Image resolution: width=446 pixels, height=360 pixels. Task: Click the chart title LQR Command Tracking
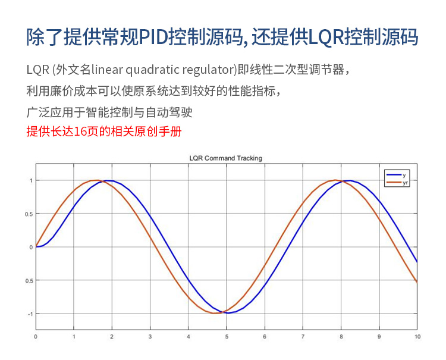coord(225,158)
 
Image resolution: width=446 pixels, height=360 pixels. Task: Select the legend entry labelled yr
coord(397,183)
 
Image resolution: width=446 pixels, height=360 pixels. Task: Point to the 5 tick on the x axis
coord(227,337)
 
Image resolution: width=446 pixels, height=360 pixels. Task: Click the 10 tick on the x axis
coord(417,337)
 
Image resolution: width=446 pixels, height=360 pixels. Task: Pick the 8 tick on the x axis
coord(341,337)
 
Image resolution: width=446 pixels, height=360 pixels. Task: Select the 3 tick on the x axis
coord(150,337)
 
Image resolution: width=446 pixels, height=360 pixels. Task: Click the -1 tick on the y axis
coord(30,314)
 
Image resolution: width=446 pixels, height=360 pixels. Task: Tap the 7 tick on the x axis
coord(303,337)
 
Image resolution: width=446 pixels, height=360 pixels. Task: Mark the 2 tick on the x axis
coord(112,337)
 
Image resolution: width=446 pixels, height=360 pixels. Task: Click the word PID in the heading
coord(153,37)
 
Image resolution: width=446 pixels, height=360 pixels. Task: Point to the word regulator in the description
coord(208,70)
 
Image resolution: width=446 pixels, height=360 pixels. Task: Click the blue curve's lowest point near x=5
coord(228,313)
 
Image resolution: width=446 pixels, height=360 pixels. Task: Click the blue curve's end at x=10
coord(417,262)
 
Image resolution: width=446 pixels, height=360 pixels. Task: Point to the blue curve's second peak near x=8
coord(349,180)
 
